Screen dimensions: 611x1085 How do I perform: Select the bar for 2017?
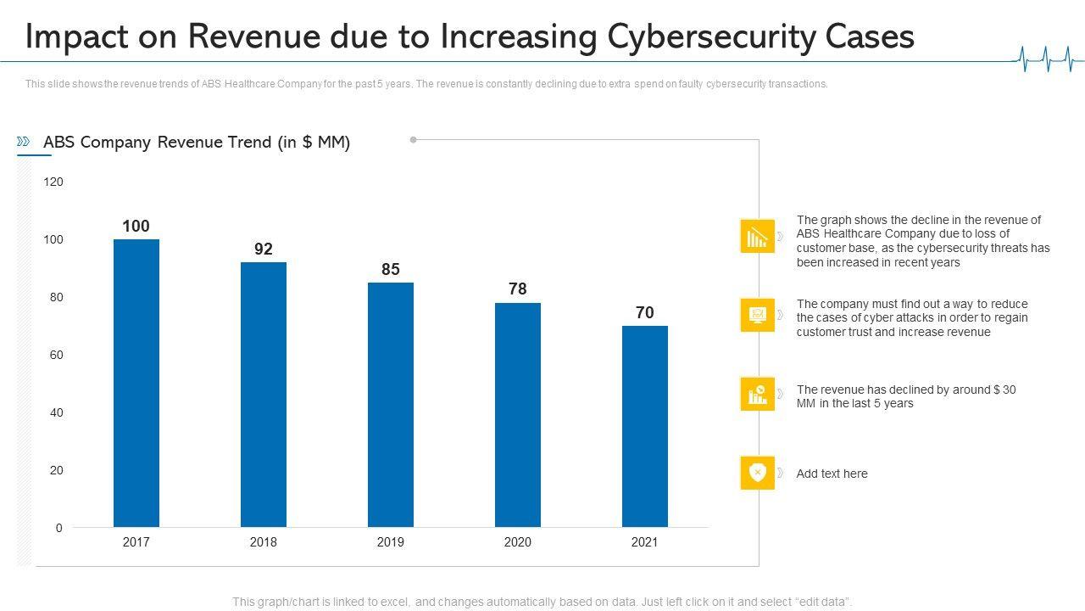coord(136,383)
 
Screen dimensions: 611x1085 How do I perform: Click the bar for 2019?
coord(390,405)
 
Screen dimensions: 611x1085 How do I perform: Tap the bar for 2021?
coord(644,426)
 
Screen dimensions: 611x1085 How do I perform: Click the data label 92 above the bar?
coord(264,249)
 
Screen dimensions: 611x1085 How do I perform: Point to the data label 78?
coord(517,289)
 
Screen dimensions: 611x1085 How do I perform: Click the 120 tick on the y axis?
coord(53,182)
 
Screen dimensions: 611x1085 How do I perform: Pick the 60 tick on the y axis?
coord(56,355)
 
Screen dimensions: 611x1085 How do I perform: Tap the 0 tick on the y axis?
coord(59,528)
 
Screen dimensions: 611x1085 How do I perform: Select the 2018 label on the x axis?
coord(263,542)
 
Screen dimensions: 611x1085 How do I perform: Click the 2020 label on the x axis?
coord(517,542)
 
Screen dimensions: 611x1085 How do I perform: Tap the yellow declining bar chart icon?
coord(757,236)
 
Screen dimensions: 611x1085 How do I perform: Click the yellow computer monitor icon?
coord(757,315)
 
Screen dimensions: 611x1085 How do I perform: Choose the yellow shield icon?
coord(757,473)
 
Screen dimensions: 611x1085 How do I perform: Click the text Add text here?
coord(832,474)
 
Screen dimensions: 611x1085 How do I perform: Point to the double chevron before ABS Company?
coord(24,142)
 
